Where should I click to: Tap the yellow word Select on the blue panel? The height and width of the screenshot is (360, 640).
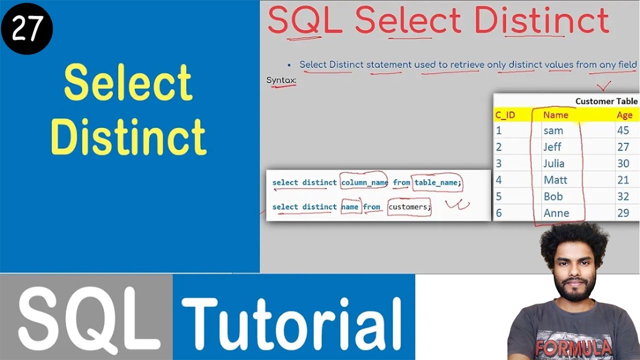point(128,83)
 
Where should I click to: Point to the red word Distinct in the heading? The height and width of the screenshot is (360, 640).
point(541,21)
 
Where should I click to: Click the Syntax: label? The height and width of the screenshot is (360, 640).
point(281,80)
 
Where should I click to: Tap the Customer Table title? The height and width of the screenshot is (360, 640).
point(606,101)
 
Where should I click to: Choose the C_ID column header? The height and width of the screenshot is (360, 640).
point(505,115)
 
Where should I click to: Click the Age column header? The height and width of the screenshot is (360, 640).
point(624,115)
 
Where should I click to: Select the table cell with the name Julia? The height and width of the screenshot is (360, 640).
point(553,163)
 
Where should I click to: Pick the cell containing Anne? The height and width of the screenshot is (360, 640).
point(556,213)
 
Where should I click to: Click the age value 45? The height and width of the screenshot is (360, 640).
point(623,130)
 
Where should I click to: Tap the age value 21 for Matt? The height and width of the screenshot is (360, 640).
point(623,180)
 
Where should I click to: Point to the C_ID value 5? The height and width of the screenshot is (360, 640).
point(498,196)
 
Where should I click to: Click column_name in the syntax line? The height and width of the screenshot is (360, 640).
point(364,182)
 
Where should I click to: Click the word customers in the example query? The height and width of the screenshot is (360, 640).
point(408,206)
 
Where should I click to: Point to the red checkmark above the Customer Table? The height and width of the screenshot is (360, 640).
point(604,86)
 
